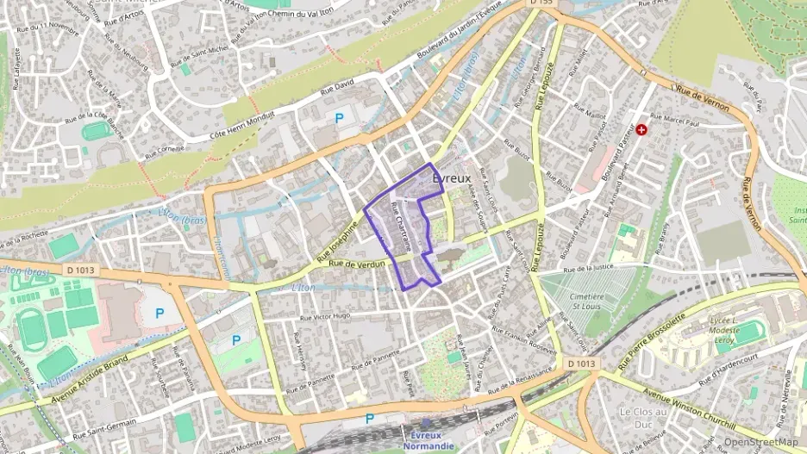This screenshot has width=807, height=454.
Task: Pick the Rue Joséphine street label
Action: coord(336,240)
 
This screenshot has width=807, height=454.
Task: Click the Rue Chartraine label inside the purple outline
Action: coord(401,226)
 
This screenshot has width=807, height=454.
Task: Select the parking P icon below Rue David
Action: coord(339,117)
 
